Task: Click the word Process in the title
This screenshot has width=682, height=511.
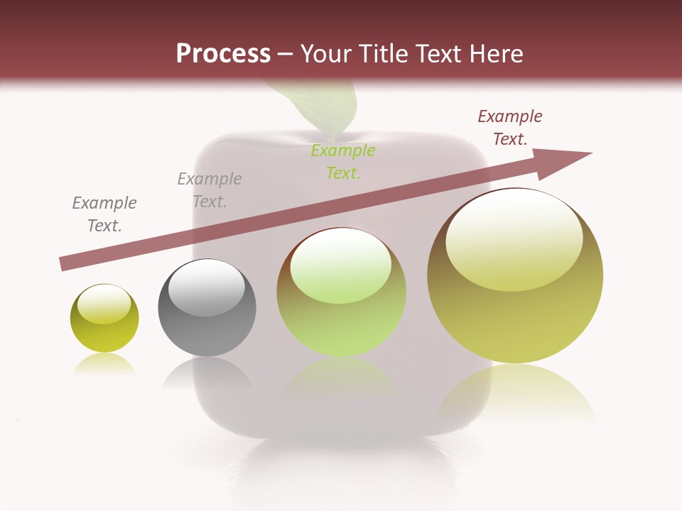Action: point(223,54)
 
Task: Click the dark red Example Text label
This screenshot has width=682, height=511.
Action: point(510,128)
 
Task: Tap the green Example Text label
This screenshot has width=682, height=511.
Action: point(343,161)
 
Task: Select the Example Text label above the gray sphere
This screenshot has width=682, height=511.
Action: point(210,189)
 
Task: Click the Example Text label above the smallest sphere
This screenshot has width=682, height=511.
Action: point(104,214)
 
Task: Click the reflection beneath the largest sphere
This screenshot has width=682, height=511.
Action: point(515,394)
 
